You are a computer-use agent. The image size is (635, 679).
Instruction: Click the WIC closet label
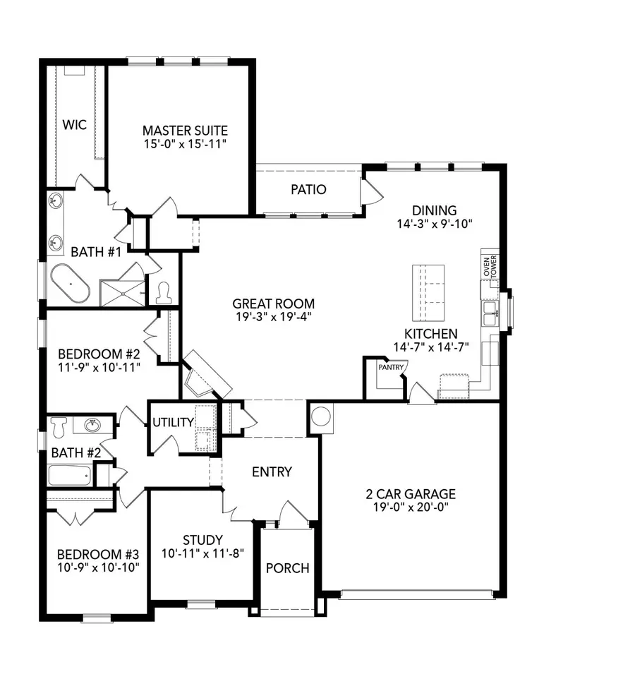click(x=74, y=125)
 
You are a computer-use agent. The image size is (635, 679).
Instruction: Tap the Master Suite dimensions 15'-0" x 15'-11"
click(x=185, y=143)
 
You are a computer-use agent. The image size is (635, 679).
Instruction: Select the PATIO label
click(x=308, y=190)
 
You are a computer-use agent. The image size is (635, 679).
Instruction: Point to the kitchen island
click(x=428, y=292)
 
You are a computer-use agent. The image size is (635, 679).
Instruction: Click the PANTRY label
click(x=389, y=368)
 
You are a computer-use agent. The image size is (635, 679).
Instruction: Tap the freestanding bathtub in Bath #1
click(x=69, y=284)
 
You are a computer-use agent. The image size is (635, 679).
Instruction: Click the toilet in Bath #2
click(x=59, y=426)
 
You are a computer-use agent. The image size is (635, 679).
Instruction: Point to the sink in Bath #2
click(x=92, y=425)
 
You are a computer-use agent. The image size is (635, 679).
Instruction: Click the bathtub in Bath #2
click(x=69, y=475)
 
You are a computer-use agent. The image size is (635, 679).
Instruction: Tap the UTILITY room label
click(x=173, y=422)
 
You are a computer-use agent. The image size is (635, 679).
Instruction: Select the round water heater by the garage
click(x=321, y=417)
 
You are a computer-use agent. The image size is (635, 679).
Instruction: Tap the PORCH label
click(x=287, y=568)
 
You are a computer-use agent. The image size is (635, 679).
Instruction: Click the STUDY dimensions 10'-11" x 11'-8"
click(x=202, y=554)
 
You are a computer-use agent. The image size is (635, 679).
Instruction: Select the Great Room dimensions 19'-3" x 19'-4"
click(x=274, y=318)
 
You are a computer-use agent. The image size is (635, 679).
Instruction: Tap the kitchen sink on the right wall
click(x=490, y=311)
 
